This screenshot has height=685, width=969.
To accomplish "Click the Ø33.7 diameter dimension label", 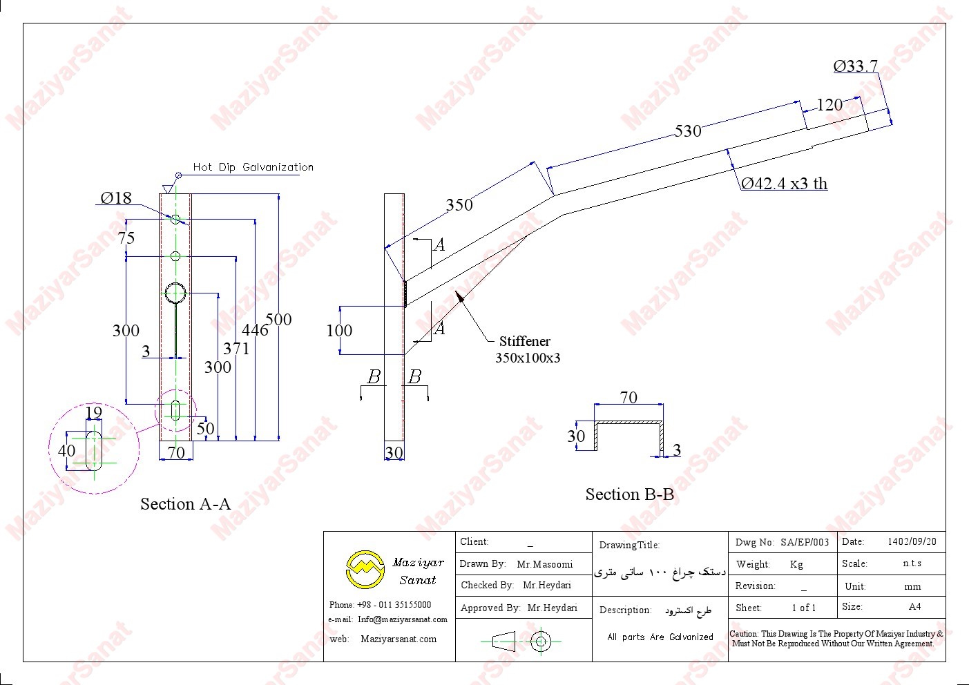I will [855, 66].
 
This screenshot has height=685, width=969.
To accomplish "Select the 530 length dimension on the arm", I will [688, 131].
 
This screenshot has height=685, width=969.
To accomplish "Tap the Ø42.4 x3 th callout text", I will [784, 184].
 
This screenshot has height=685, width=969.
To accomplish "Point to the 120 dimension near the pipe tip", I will [829, 105].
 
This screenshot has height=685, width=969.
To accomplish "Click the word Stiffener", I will [525, 341].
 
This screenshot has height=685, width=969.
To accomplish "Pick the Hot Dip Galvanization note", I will [253, 167].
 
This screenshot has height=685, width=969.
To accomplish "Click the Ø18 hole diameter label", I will [116, 198].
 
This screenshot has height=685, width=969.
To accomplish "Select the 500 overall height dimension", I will [278, 320].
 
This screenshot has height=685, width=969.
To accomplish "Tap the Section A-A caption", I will [185, 504].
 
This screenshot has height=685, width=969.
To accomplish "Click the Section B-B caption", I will [629, 494].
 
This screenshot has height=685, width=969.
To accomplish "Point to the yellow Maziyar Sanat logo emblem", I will [364, 569].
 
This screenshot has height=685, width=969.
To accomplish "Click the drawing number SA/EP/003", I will [805, 542].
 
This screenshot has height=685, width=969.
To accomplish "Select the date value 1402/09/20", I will [912, 542].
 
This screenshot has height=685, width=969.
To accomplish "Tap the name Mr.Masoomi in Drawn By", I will [544, 564].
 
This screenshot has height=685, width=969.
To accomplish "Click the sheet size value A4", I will [914, 607].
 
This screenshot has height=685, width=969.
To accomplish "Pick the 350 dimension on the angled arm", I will [459, 204].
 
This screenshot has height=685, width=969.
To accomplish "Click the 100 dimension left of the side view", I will [339, 331].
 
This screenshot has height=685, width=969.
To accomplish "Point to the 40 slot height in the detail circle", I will [67, 451].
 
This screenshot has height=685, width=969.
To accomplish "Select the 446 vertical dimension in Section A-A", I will [255, 330].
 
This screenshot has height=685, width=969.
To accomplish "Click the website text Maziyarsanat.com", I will [399, 639].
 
